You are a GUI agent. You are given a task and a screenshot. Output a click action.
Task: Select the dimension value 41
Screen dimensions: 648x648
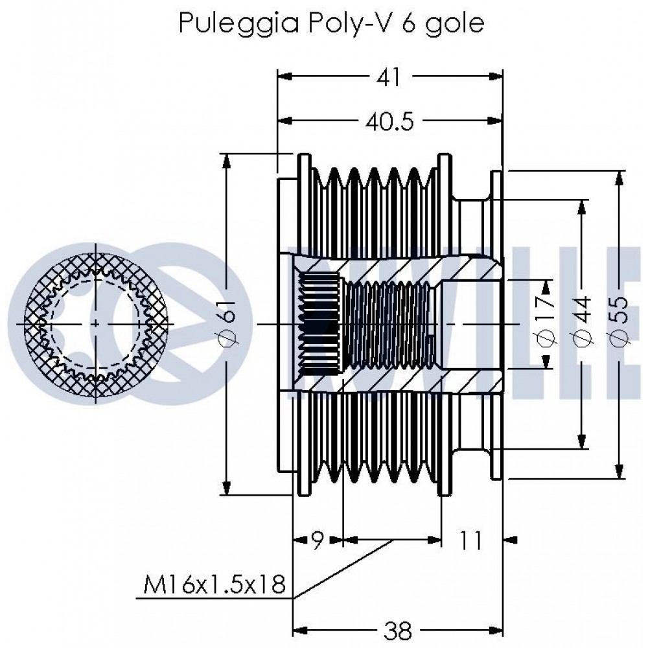click(389, 77)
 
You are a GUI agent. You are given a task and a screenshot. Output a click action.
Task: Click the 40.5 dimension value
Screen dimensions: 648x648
click(389, 122)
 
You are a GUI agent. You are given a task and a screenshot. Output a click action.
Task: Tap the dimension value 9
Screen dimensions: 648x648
click(317, 540)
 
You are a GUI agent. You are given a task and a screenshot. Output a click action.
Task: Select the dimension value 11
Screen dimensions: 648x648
click(471, 540)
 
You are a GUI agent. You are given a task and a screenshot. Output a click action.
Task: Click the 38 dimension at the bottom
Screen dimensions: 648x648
click(398, 631)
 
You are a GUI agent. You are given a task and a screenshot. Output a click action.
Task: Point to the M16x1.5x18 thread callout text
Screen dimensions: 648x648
click(214, 584)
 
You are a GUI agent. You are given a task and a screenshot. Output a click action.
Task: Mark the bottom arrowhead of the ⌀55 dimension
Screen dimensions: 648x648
click(619, 472)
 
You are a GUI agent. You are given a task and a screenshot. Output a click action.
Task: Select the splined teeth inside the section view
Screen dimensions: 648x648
click(319, 324)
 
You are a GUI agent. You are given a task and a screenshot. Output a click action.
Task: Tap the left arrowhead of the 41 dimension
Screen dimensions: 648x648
click(285, 76)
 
